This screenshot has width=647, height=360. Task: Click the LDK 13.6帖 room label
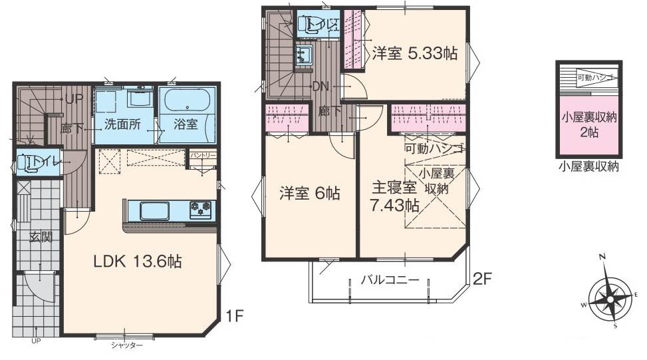(x=137, y=262)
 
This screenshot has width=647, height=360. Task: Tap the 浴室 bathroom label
(x=186, y=124)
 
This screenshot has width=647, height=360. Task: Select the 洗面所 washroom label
(x=122, y=124)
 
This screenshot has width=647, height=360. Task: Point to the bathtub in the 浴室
(x=187, y=101)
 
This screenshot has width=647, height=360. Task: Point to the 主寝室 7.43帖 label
(x=394, y=197)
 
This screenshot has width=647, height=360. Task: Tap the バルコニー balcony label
(x=390, y=280)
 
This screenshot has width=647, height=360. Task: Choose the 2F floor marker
(x=482, y=279)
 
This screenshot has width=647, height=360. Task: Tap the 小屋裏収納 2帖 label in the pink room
(x=589, y=124)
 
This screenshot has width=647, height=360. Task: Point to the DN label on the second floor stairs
(x=321, y=86)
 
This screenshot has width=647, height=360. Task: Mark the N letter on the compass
(x=601, y=257)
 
